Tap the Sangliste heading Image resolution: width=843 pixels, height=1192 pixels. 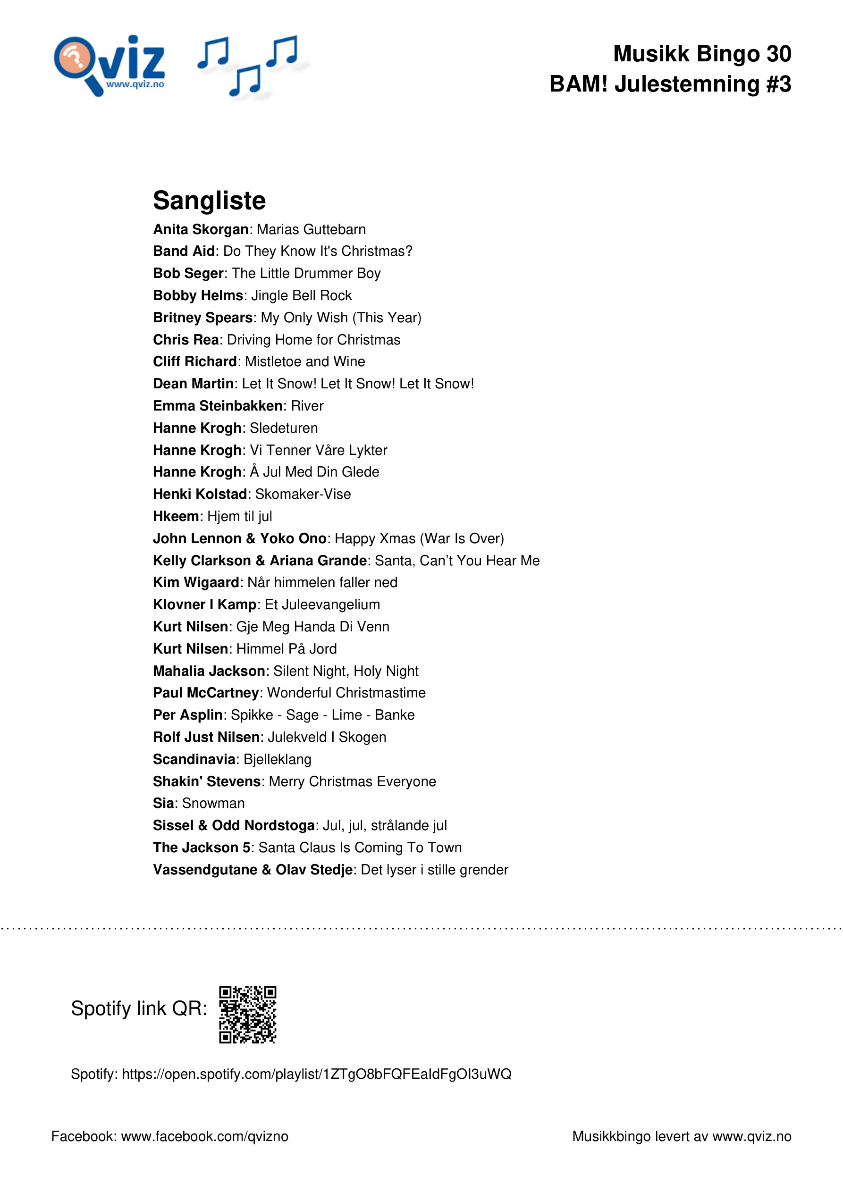pyautogui.click(x=209, y=201)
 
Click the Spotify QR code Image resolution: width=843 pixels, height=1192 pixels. pyautogui.click(x=247, y=1014)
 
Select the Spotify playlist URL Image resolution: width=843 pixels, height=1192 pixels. pyautogui.click(x=316, y=1074)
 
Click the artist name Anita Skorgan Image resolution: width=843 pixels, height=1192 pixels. pyautogui.click(x=201, y=229)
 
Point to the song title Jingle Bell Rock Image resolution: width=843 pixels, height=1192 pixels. pyautogui.click(x=301, y=295)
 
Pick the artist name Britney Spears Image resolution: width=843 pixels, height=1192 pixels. pyautogui.click(x=202, y=318)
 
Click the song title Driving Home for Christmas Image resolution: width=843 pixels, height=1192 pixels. pyautogui.click(x=314, y=340)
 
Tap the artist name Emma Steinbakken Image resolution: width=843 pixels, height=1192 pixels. pyautogui.click(x=217, y=406)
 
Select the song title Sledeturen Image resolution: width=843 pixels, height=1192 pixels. pyautogui.click(x=284, y=428)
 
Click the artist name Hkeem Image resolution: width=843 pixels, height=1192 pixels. pyautogui.click(x=176, y=517)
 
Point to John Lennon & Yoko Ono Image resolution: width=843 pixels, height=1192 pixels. pyautogui.click(x=239, y=538)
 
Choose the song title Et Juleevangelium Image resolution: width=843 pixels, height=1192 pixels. pyautogui.click(x=322, y=605)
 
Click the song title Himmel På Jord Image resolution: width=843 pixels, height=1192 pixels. pyautogui.click(x=286, y=649)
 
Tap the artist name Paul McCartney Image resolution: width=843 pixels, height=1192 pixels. pyautogui.click(x=206, y=693)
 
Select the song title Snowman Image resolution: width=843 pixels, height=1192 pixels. pyautogui.click(x=213, y=804)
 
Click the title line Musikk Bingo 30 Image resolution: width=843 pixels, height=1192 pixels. pyautogui.click(x=702, y=53)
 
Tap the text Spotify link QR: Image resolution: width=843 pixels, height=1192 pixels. pyautogui.click(x=139, y=1009)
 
